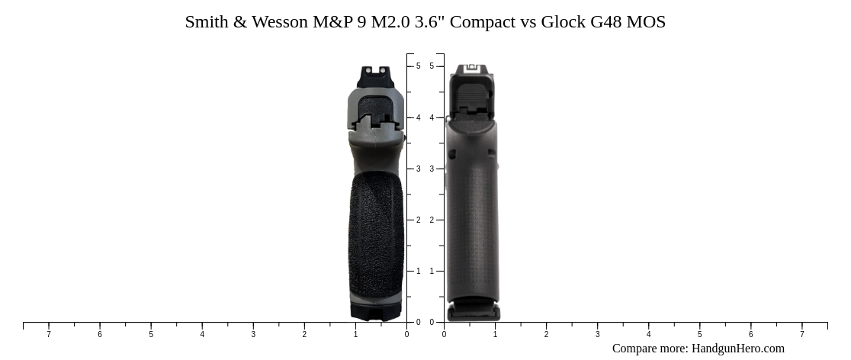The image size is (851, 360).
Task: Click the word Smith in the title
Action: coord(207,22)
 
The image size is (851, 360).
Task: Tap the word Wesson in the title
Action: coord(279,22)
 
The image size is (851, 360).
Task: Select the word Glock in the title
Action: coord(564,22)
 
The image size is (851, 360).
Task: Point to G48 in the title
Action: coord(606,22)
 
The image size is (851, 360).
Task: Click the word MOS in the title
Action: coord(647,22)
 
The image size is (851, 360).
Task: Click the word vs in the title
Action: coord(528,22)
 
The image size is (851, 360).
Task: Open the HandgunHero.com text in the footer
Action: coord(737,349)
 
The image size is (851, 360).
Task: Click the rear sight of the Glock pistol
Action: coord(471,69)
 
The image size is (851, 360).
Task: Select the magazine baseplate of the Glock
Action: coord(474,311)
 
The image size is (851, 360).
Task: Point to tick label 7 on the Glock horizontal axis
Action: coord(801,334)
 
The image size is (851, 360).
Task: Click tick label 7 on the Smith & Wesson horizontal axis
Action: coord(49,334)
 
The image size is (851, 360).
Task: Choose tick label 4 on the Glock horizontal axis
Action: coord(648,334)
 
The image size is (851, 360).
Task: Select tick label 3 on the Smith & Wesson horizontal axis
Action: coord(253,334)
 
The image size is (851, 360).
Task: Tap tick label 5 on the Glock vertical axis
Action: coord(432,66)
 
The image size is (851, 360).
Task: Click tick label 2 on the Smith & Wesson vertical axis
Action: coord(418,220)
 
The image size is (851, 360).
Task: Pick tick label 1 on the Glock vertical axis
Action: coord(432,271)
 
